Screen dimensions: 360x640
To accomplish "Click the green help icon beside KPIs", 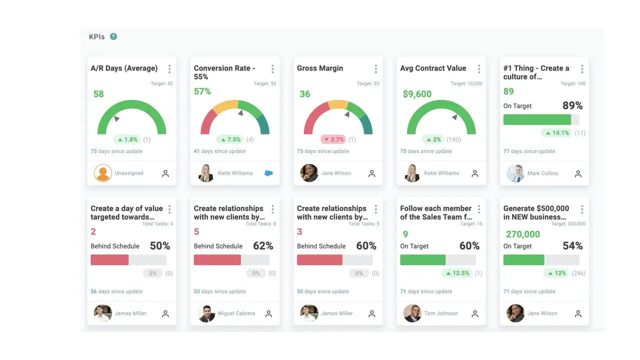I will point(113,36).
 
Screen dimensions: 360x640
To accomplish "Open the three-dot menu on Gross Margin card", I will point(375,69).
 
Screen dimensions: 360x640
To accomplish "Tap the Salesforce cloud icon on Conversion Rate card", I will point(268,173).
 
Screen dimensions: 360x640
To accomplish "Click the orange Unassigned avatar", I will point(103,173).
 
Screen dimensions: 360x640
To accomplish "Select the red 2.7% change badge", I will point(333,139).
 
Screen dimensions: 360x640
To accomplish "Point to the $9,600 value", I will point(417,94).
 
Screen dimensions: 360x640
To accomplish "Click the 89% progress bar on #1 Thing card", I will point(537,119).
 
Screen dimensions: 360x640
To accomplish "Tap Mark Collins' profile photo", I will point(515,173).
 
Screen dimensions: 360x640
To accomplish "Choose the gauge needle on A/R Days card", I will point(116,118).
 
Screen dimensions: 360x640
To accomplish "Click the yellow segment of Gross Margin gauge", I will point(338,104).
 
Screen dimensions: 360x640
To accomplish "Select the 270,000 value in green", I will point(523,234).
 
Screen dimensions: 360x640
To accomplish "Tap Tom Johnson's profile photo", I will point(412,313).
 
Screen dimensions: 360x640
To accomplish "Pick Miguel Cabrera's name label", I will point(236,313).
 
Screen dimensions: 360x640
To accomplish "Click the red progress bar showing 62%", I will point(217,260).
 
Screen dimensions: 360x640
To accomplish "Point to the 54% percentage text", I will point(572,246).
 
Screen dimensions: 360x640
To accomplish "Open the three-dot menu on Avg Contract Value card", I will point(478,69).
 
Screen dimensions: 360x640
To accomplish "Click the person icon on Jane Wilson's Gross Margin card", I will point(371,173).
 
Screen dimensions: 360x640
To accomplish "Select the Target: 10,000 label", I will point(466,83).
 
